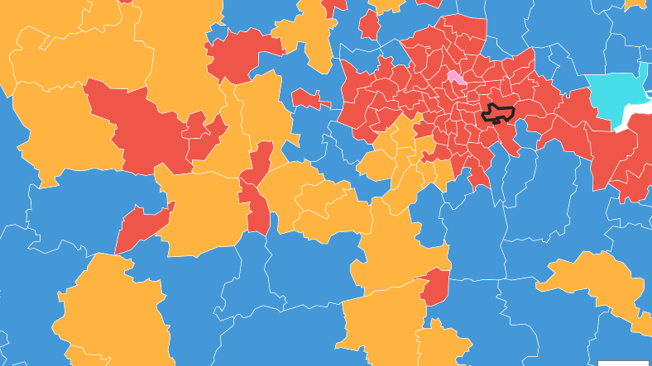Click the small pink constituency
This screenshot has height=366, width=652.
pos(455,78)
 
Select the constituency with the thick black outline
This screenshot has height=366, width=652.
pos(499,113)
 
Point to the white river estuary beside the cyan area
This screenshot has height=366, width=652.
pos(634,116)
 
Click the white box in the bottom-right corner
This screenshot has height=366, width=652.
pos(624,363)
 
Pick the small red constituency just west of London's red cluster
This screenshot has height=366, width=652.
pos(308,99)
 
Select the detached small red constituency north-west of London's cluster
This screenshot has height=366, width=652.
pos(369,25)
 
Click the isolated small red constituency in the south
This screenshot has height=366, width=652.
pos(435,288)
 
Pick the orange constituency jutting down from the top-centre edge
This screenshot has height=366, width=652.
pos(308,33)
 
